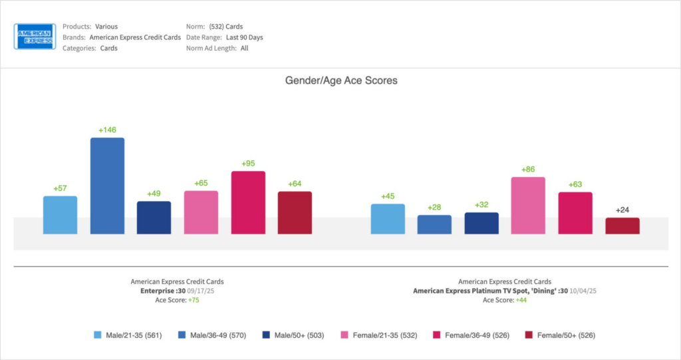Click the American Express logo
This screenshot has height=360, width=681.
tap(34, 37)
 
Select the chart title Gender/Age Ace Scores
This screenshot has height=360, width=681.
tap(341, 81)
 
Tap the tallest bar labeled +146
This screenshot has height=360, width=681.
tap(107, 186)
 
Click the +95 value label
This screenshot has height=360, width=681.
tap(248, 164)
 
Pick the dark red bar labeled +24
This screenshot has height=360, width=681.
tap(622, 226)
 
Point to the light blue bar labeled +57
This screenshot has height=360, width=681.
tap(60, 215)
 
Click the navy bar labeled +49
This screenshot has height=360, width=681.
tap(154, 218)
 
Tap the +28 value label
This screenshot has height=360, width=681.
tap(434, 208)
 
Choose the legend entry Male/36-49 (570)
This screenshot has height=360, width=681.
tap(213, 335)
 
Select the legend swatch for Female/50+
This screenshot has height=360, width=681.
tap(529, 335)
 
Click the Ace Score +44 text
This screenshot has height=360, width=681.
tap(504, 300)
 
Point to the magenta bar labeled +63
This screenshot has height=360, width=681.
tap(575, 213)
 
